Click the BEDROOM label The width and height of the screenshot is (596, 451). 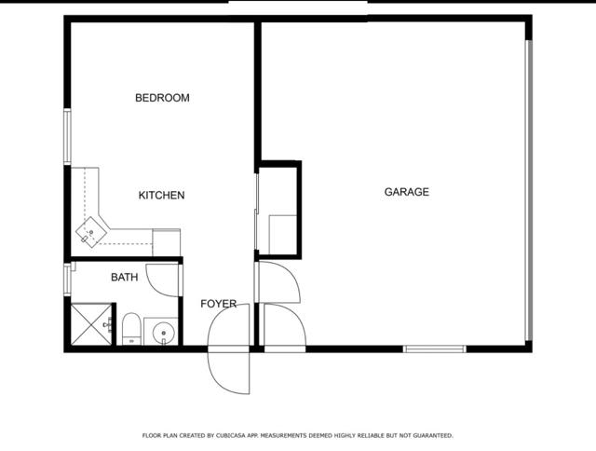[x=162, y=98]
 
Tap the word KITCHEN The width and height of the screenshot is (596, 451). [x=161, y=196]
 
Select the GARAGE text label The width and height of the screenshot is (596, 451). [x=407, y=192]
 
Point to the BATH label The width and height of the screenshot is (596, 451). [x=124, y=277]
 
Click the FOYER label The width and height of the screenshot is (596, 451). [x=218, y=304]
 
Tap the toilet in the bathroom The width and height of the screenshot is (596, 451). [x=131, y=329]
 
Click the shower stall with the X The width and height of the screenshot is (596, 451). [x=91, y=323]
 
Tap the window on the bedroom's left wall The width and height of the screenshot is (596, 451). [x=67, y=137]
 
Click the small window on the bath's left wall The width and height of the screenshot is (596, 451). [x=67, y=280]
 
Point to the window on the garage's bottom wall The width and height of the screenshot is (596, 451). [x=434, y=348]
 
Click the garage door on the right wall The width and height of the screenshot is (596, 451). [x=529, y=191]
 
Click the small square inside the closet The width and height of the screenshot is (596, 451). [x=282, y=234]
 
